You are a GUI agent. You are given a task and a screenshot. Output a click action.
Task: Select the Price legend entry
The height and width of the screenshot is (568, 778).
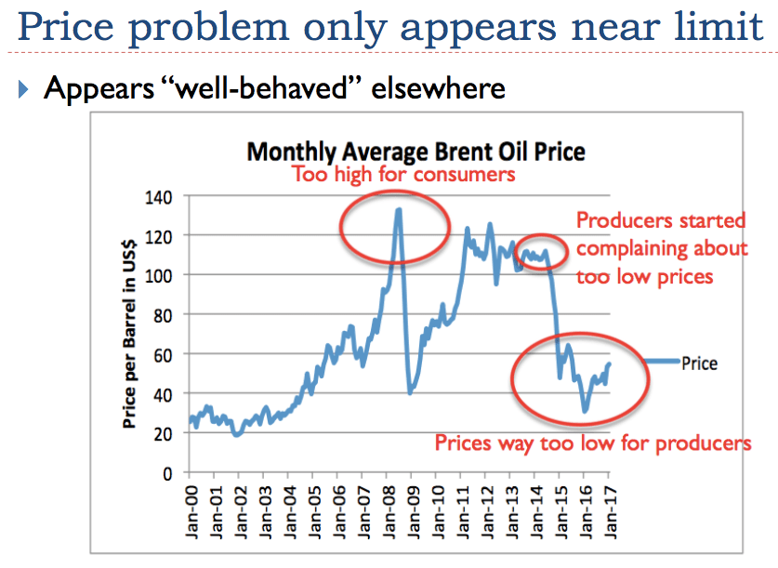pos(699,363)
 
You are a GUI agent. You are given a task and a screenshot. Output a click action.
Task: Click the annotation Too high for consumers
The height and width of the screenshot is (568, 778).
pos(403,174)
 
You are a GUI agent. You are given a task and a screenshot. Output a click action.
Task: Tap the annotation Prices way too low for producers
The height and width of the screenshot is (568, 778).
pos(593,443)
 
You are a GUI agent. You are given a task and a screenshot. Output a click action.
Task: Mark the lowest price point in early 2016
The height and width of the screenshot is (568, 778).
pos(585,411)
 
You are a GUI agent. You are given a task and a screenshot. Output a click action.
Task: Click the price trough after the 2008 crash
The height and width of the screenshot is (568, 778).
pos(410,393)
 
